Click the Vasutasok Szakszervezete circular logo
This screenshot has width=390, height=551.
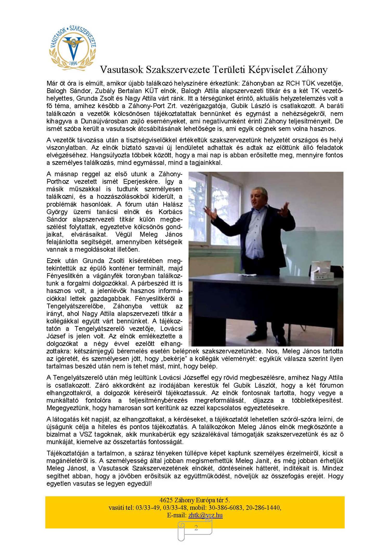pyautogui.click(x=73, y=48)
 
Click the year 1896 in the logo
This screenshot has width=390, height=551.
pyautogui.click(x=73, y=63)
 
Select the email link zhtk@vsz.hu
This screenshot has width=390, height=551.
pyautogui.click(x=205, y=515)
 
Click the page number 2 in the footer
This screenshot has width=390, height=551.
pyautogui.click(x=196, y=527)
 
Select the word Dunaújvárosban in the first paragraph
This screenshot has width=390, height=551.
pyautogui.click(x=104, y=121)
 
